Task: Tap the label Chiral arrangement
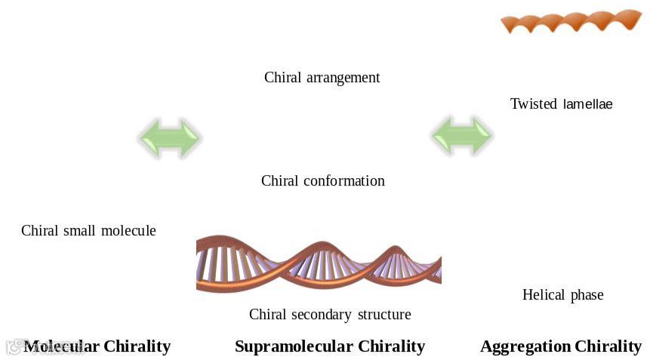tap(322, 77)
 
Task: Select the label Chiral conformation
tap(322, 180)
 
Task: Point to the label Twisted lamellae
tap(561, 103)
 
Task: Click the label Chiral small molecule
tap(88, 230)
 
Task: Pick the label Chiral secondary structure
tap(330, 314)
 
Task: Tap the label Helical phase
tap(562, 294)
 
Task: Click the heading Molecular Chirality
tap(97, 346)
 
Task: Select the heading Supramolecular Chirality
tap(330, 346)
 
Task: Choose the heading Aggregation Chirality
tap(561, 346)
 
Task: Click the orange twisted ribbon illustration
tap(571, 21)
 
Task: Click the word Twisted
tap(533, 103)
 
